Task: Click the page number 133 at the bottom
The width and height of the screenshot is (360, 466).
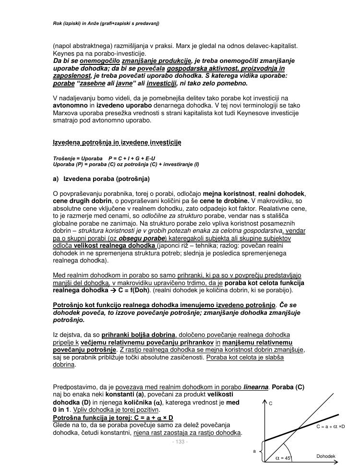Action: point(180,442)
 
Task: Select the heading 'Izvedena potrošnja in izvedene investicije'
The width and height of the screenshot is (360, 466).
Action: point(117,143)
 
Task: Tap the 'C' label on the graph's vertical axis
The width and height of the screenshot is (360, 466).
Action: point(271,404)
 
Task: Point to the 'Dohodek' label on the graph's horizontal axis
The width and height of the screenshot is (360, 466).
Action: point(325,456)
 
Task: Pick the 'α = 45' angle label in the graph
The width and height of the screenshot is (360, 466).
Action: point(283,458)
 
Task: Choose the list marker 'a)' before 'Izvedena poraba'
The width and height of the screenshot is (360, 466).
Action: point(56,179)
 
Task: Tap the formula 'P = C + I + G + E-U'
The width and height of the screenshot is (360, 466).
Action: point(132,158)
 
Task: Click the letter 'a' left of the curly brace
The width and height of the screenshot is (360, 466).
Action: point(254,451)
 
